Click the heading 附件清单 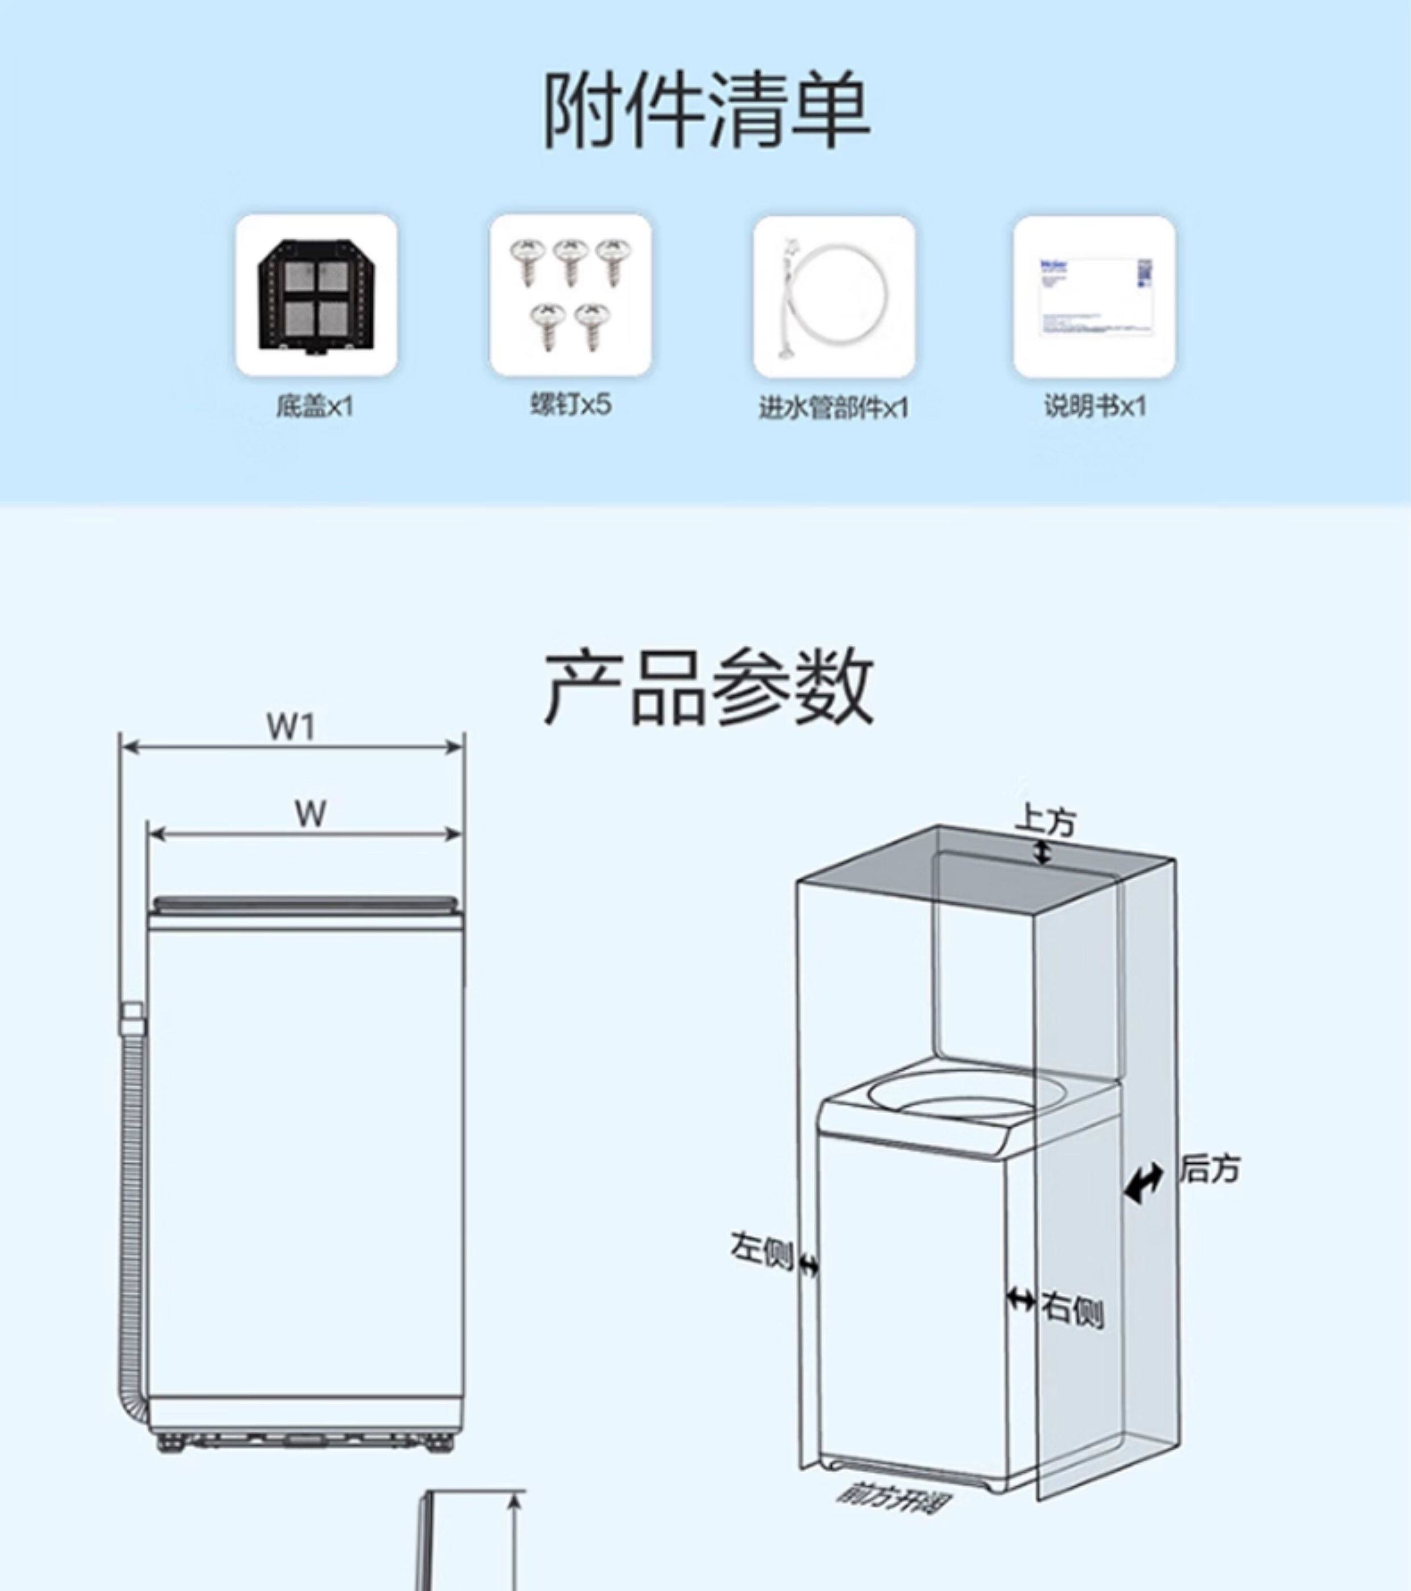[x=705, y=110]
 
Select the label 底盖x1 [x=315, y=406]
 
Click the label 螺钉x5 [x=571, y=405]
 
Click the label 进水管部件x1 [x=834, y=408]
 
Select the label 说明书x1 [x=1094, y=406]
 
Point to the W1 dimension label [x=291, y=727]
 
